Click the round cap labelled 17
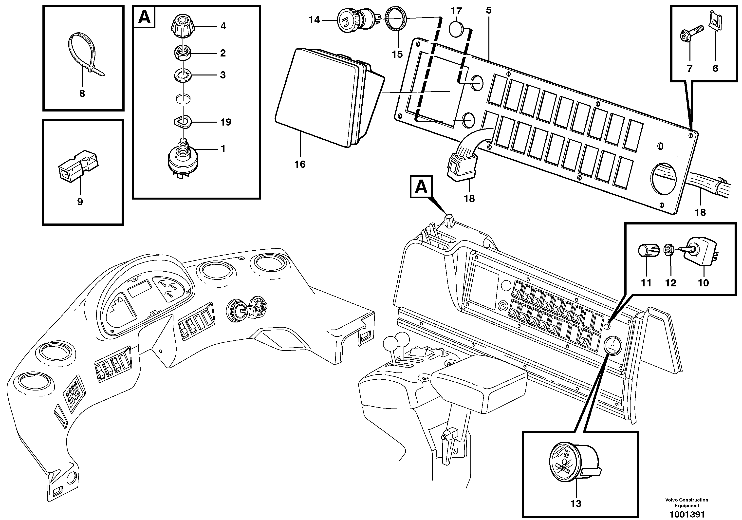tap(457, 29)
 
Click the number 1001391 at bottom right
tap(687, 514)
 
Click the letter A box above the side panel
tap(421, 186)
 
